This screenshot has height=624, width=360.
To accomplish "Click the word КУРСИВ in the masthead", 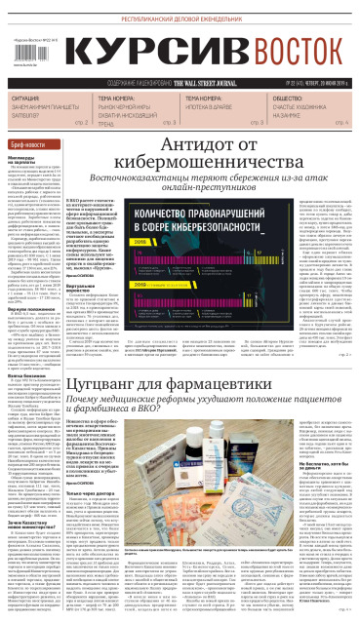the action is click(147, 58).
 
